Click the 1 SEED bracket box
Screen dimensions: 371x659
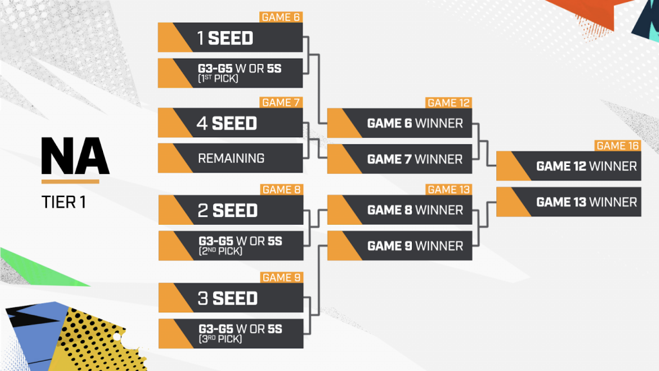tap(230, 38)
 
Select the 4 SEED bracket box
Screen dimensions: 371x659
tap(230, 123)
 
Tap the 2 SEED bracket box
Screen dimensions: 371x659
tap(230, 211)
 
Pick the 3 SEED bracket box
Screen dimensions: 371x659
tap(230, 298)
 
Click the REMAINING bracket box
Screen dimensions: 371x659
tap(230, 158)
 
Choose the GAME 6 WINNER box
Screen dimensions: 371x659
tap(400, 123)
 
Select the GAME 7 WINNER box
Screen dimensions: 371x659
tap(400, 158)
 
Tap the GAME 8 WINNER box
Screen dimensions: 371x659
tap(400, 210)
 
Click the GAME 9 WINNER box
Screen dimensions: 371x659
tap(400, 246)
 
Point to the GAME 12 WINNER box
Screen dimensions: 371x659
tap(569, 166)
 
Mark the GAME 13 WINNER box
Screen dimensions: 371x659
tap(569, 202)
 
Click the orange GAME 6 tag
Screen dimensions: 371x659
tap(281, 17)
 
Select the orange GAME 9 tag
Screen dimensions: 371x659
tap(281, 278)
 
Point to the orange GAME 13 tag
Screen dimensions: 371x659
tap(449, 189)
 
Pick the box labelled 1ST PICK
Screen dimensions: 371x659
tap(230, 73)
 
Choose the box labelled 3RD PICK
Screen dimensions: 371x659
tap(230, 334)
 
